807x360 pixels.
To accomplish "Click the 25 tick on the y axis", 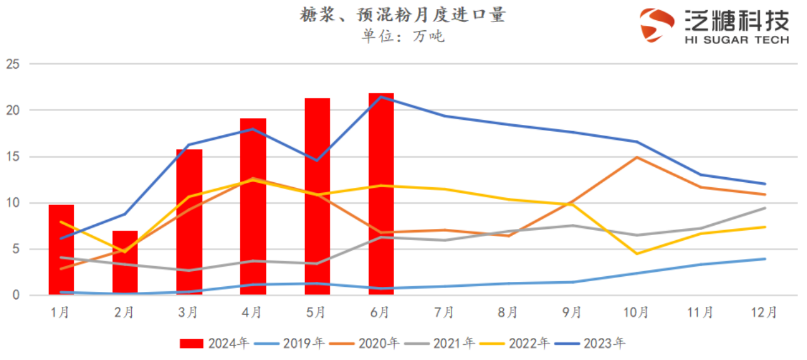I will coord(13,64).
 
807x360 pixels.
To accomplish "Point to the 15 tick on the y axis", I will coord(13,157).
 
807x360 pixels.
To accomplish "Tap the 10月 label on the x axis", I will coord(636,312).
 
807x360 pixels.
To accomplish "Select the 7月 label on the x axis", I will coord(444,312).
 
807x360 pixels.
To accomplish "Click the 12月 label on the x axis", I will coord(764,312).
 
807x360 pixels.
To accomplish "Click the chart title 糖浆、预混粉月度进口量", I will coord(402,15).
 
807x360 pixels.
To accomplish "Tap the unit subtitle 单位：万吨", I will coord(402,36).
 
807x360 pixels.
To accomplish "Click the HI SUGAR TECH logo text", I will coord(736,40).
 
